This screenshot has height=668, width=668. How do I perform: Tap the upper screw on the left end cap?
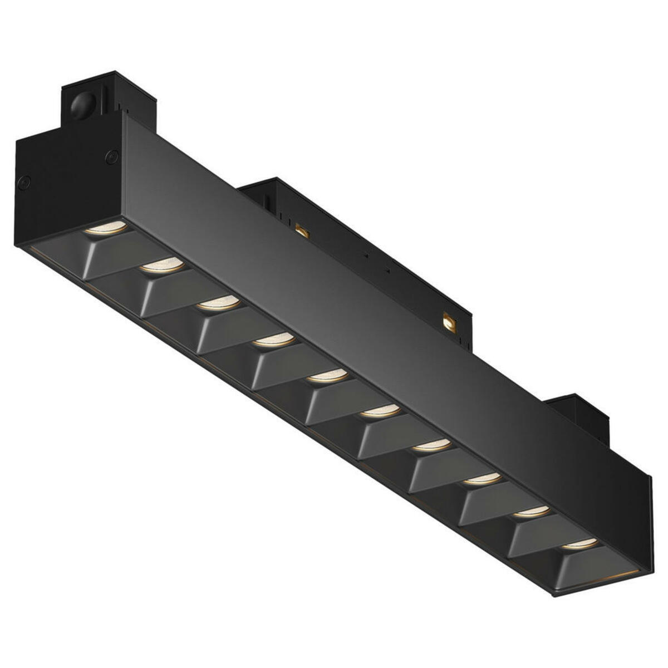coord(112,157)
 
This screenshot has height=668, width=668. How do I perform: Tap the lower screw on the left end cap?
coord(24,180)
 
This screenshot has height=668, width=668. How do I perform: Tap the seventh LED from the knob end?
coord(431,445)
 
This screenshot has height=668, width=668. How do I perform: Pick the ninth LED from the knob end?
coord(530,511)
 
